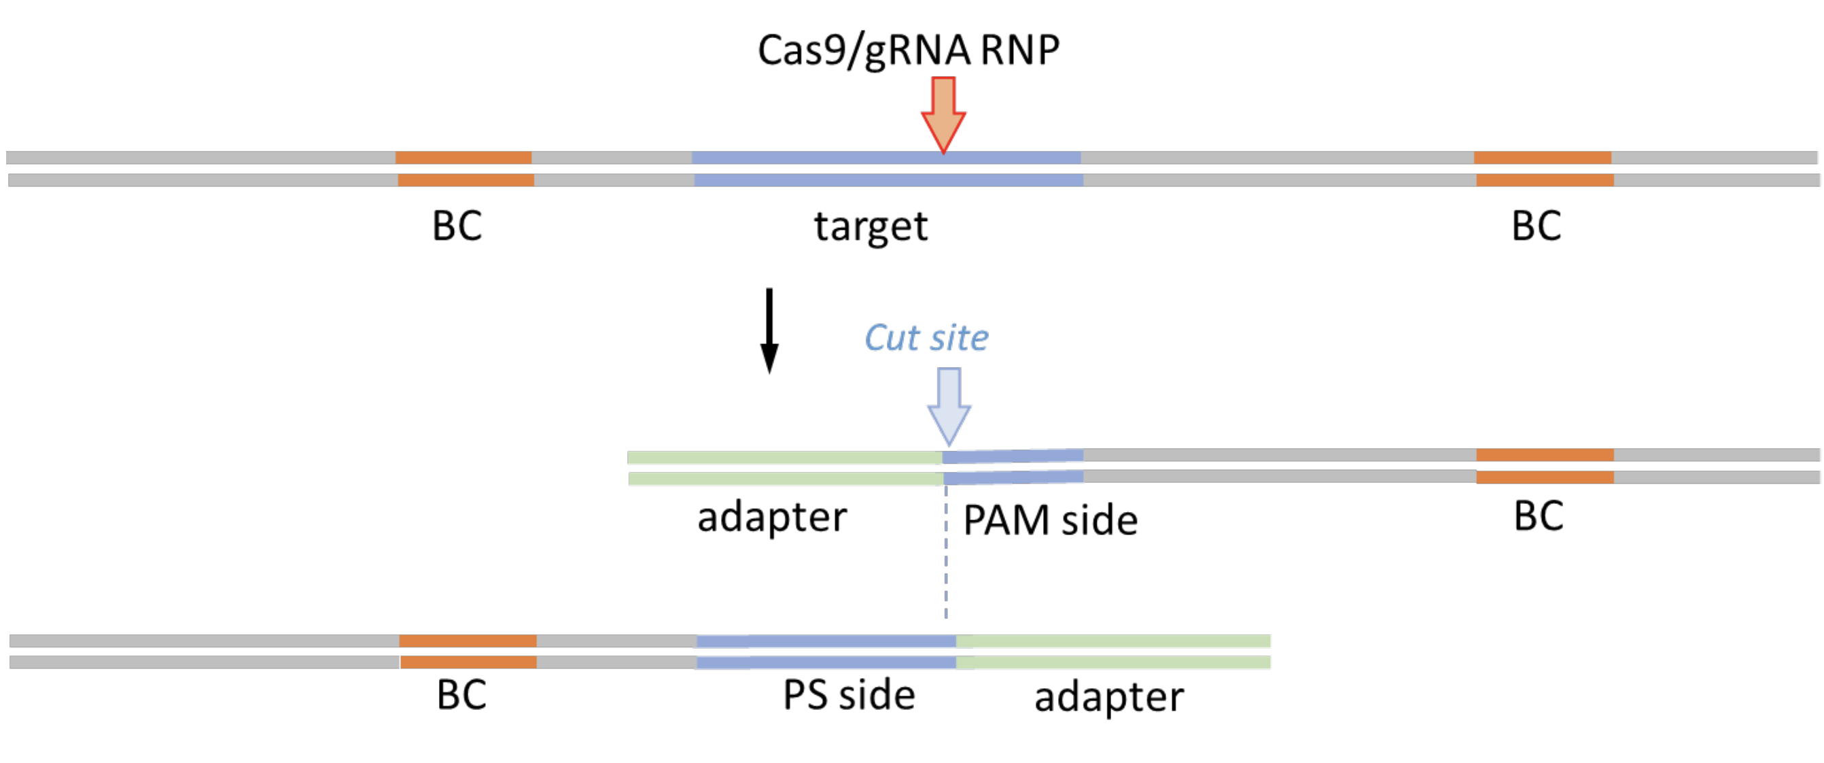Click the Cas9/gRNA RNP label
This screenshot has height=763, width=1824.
[908, 51]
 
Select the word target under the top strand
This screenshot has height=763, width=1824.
[871, 226]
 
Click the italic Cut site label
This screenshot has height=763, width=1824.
[926, 338]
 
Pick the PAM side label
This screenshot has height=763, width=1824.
[1050, 521]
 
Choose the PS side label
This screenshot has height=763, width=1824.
[848, 696]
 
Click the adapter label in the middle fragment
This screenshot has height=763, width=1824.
[772, 518]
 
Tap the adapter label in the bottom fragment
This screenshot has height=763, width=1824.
[1109, 697]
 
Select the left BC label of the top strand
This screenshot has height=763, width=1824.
[457, 226]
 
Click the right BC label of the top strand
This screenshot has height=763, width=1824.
[1536, 226]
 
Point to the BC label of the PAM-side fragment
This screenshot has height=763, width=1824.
[1538, 516]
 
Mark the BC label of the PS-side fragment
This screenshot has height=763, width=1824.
[461, 695]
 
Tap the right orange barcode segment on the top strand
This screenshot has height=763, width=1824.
[1543, 169]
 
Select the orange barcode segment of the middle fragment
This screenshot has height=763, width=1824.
[1544, 465]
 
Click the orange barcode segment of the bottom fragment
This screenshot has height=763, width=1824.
[468, 651]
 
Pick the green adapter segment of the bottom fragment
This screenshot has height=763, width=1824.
[1112, 651]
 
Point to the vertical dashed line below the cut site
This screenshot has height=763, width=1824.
[946, 566]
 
